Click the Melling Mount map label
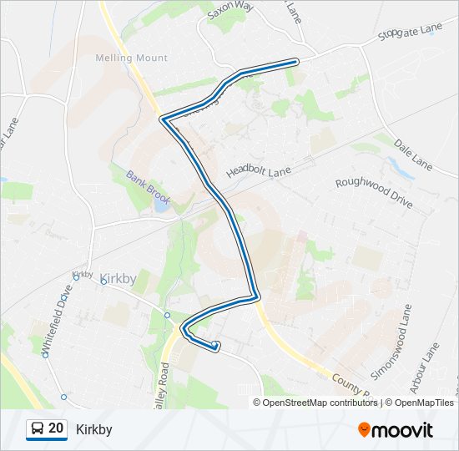[x=131, y=58]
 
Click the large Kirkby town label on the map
[x=117, y=279]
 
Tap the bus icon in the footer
[x=38, y=429]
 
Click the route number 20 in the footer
[x=56, y=428]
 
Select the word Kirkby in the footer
[x=93, y=429]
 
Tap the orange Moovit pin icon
[x=364, y=430]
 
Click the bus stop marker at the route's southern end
[x=216, y=345]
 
